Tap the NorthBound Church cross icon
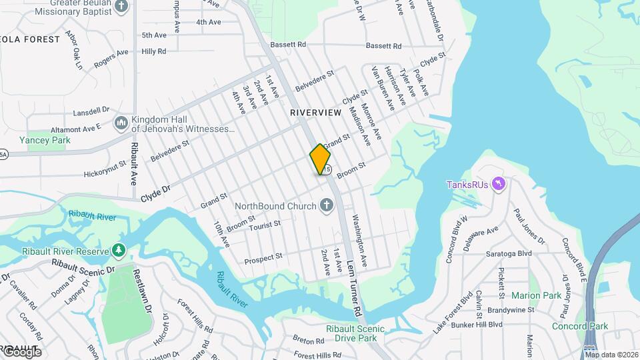(x=327, y=205)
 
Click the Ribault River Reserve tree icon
(x=119, y=251)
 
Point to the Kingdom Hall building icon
(x=121, y=123)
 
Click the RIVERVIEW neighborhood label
(x=315, y=113)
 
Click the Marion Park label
(x=536, y=295)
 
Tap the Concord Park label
(x=580, y=326)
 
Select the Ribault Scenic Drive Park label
(x=355, y=334)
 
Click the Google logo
(x=22, y=351)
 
